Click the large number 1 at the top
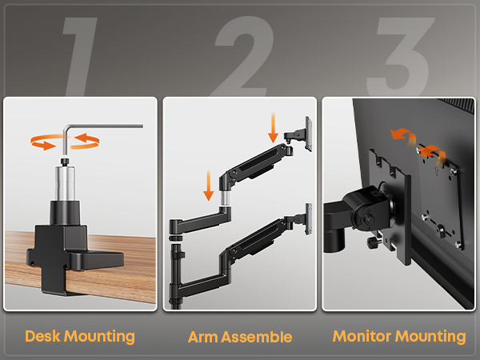(x=81, y=57)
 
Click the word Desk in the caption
(x=42, y=336)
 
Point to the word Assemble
(x=257, y=337)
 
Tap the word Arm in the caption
(x=202, y=337)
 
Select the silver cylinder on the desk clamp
(x=66, y=183)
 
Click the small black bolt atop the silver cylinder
(x=65, y=162)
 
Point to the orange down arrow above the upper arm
(x=273, y=127)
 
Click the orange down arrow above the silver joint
(x=209, y=186)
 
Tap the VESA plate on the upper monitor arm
(x=309, y=134)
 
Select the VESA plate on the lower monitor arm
(x=309, y=219)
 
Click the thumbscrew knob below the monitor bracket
(x=373, y=242)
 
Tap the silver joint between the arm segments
(x=226, y=198)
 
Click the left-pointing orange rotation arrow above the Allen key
(x=87, y=140)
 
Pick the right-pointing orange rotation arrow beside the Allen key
(x=43, y=142)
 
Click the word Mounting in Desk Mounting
(x=99, y=337)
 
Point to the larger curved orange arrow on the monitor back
(x=404, y=136)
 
